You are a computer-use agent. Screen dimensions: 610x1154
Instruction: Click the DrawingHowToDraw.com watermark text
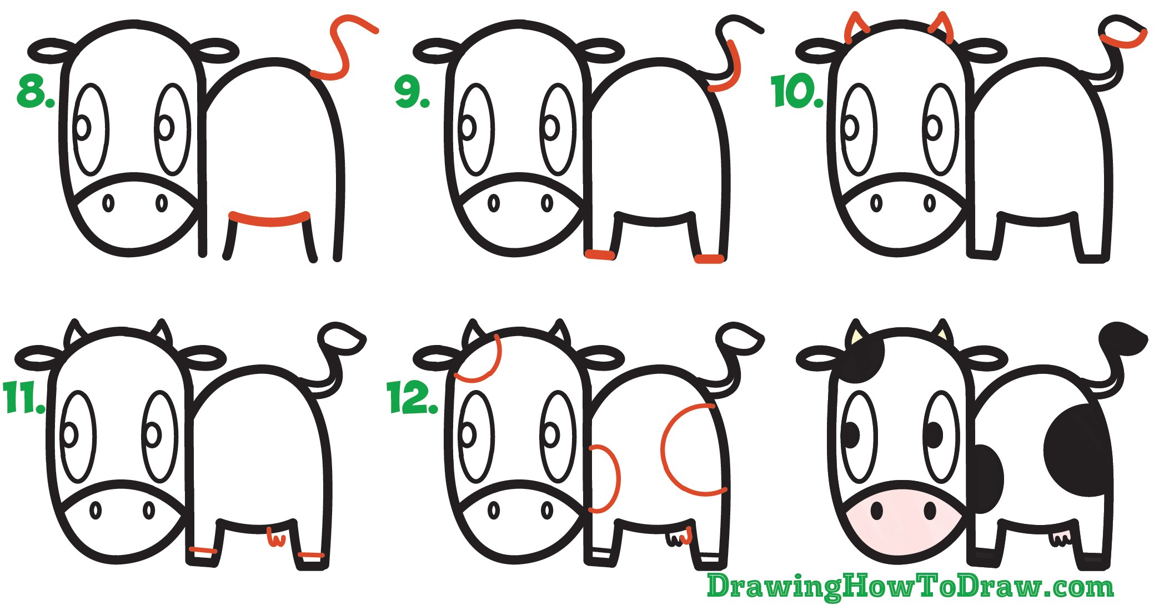[910, 587]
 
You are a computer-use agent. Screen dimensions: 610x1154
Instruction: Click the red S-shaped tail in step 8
[339, 47]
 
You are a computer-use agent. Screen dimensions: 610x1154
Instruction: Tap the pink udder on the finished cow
[1061, 537]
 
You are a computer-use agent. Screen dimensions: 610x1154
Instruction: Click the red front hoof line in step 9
[600, 254]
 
